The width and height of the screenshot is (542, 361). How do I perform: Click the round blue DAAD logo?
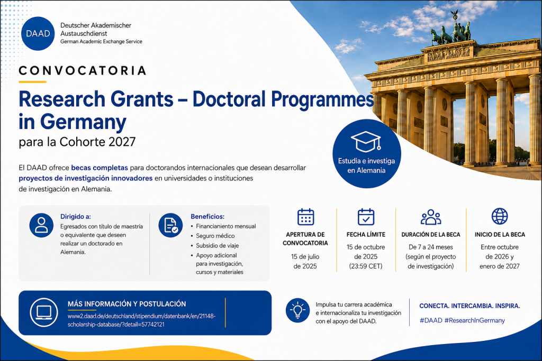pos(38,33)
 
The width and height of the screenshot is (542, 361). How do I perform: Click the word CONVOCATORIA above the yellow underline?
pos(83,71)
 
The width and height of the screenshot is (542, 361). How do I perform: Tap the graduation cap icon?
pos(366,142)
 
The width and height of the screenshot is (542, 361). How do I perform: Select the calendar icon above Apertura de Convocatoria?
pos(305,217)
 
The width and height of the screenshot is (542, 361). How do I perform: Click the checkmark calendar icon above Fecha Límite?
pos(366,217)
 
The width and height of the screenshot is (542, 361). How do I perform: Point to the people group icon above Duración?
pos(431,217)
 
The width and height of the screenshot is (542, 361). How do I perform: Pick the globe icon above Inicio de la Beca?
pos(500,216)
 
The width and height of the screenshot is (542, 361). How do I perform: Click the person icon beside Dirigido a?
pos(41,225)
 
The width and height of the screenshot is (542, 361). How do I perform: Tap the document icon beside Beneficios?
pos(170,225)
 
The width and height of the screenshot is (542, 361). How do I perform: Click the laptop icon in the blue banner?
pos(44,312)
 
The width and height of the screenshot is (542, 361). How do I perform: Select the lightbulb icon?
pos(297,310)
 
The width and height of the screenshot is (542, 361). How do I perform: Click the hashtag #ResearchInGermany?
pos(475,320)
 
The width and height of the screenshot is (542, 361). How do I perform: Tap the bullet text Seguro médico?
pos(215,236)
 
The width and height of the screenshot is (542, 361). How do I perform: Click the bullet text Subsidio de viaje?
pos(217,245)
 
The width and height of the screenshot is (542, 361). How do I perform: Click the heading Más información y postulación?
pos(127,304)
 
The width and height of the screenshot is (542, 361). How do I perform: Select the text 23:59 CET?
pos(366,266)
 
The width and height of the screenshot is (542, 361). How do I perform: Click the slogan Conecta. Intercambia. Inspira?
pos(469,306)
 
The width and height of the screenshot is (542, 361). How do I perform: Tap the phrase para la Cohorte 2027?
pos(77,142)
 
